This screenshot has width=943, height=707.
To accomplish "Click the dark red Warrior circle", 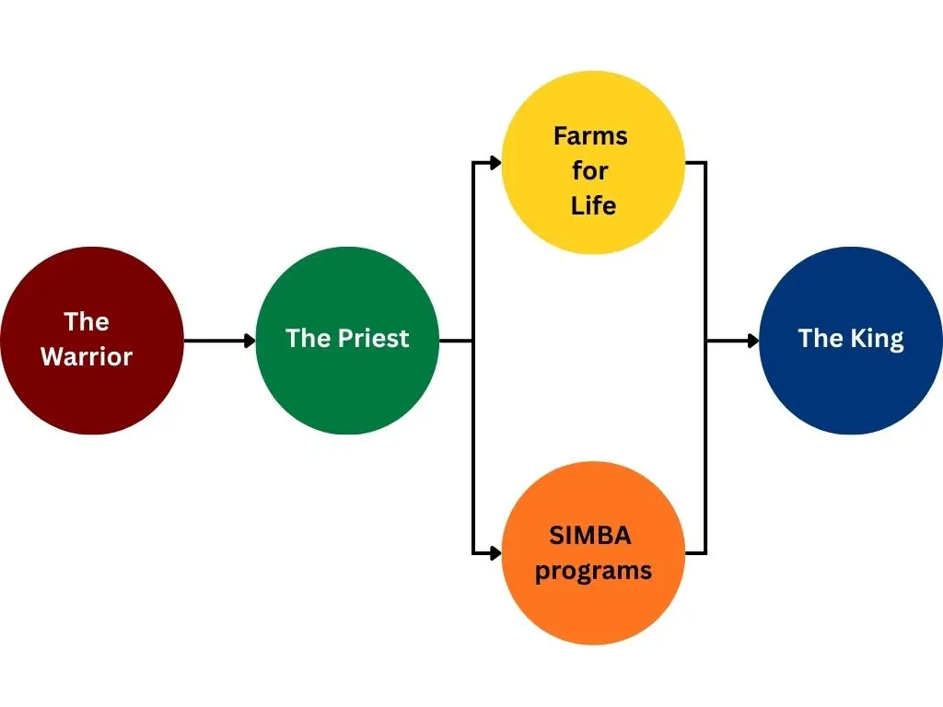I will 91,387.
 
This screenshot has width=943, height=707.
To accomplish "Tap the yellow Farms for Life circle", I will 593,101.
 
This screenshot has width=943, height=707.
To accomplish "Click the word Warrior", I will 87,356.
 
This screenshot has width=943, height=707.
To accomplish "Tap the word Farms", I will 590,136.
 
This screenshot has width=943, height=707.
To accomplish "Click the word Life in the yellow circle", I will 593,205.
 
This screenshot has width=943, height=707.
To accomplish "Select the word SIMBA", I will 590,535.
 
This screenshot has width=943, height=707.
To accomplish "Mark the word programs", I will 593,571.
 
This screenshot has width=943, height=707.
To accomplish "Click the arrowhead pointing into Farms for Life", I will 495,163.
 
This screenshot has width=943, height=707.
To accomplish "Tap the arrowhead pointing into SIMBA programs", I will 495,553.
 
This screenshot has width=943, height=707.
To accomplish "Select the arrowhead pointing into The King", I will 753,341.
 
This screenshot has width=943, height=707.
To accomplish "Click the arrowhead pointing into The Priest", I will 250,341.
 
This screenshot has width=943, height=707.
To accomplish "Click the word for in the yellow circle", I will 590,171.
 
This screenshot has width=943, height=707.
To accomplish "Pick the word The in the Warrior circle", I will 87,321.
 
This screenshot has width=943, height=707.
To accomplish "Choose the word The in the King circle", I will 821,339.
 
